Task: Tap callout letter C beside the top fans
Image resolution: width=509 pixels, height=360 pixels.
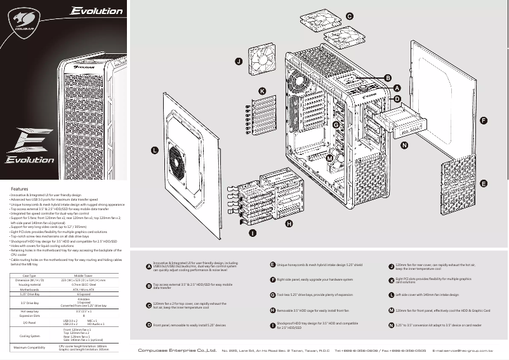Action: (350, 15)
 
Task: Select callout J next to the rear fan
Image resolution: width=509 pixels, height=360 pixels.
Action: (239, 62)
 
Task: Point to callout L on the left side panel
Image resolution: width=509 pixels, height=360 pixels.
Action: (154, 150)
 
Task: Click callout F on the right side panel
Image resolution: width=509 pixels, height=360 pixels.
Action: (484, 120)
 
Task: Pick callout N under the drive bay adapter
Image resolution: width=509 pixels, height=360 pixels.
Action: (404, 145)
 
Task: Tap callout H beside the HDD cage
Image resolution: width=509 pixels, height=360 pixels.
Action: (289, 223)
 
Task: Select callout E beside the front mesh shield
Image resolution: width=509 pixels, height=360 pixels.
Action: (484, 183)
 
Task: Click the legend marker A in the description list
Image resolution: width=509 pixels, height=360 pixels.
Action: (149, 266)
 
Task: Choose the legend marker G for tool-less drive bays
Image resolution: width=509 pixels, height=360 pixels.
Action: (272, 295)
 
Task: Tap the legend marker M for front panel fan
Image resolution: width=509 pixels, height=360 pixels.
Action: (391, 310)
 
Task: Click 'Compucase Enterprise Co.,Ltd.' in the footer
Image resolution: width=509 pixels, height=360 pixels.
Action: (177, 350)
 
